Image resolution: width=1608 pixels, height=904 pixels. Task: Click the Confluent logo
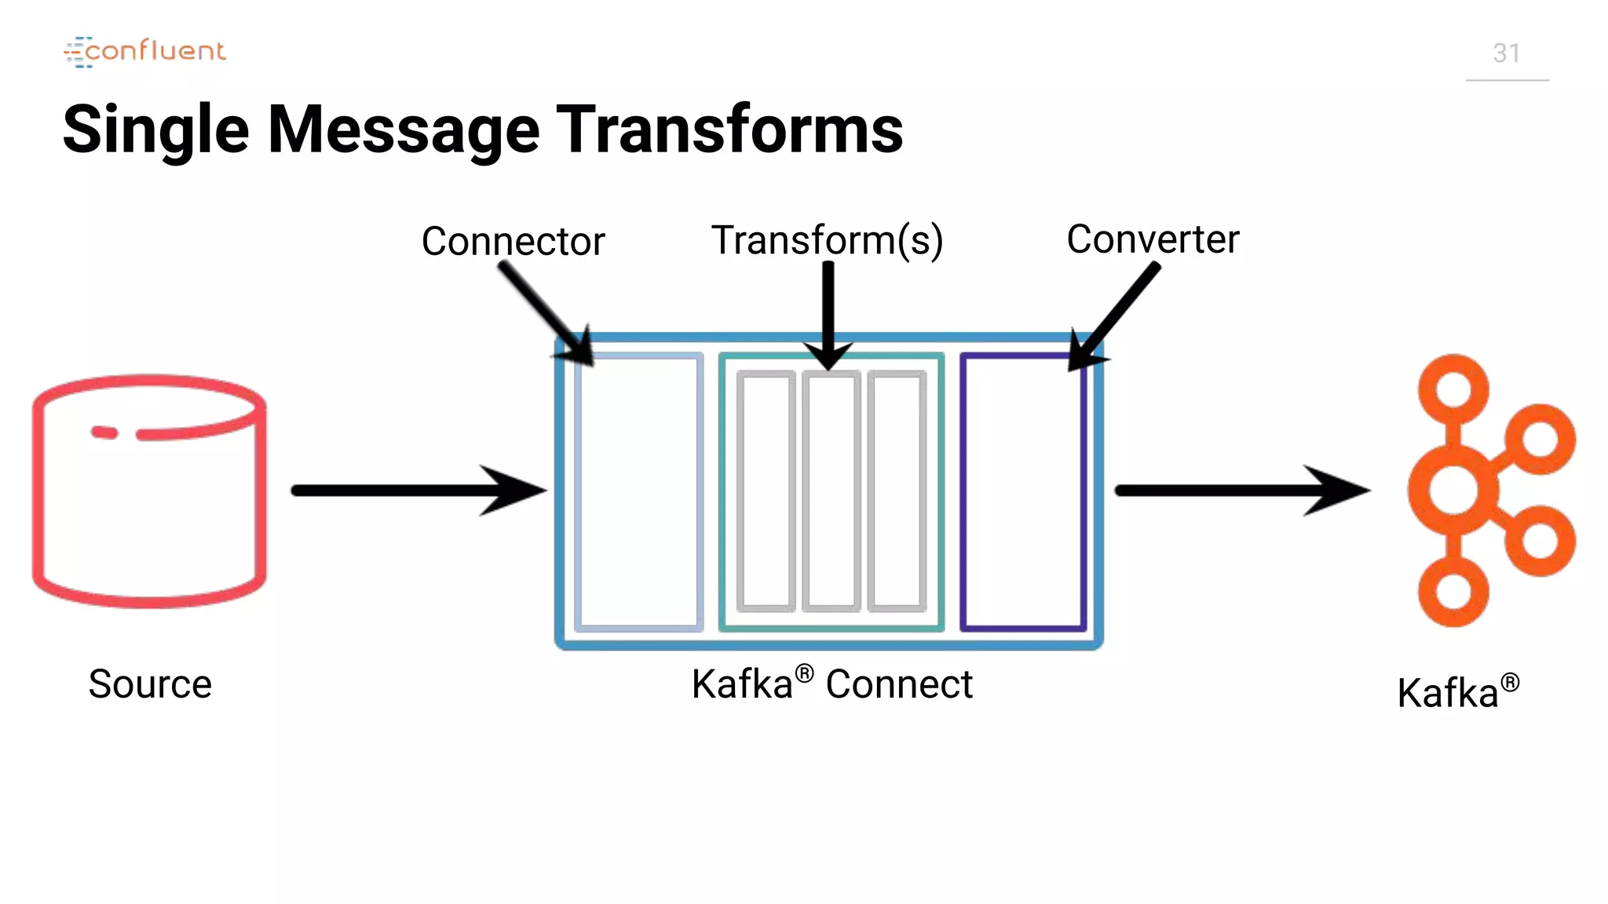[x=145, y=52]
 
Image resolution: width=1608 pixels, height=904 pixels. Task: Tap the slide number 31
[x=1506, y=53]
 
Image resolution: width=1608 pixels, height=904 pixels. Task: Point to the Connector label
[x=513, y=241]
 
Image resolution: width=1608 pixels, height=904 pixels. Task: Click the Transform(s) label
[x=826, y=240]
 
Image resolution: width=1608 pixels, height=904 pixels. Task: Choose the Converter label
[x=1152, y=239]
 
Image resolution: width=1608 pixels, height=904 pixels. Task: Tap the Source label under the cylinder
[x=150, y=683]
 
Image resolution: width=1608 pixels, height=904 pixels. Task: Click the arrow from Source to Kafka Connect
[x=416, y=490]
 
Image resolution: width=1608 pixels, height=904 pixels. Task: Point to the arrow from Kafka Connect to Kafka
[x=1241, y=490]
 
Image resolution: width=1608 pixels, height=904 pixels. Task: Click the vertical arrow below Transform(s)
[x=828, y=314]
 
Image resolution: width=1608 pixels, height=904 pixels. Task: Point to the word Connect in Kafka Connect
[x=899, y=684]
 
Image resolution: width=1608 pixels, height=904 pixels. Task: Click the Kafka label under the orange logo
[x=1449, y=693]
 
